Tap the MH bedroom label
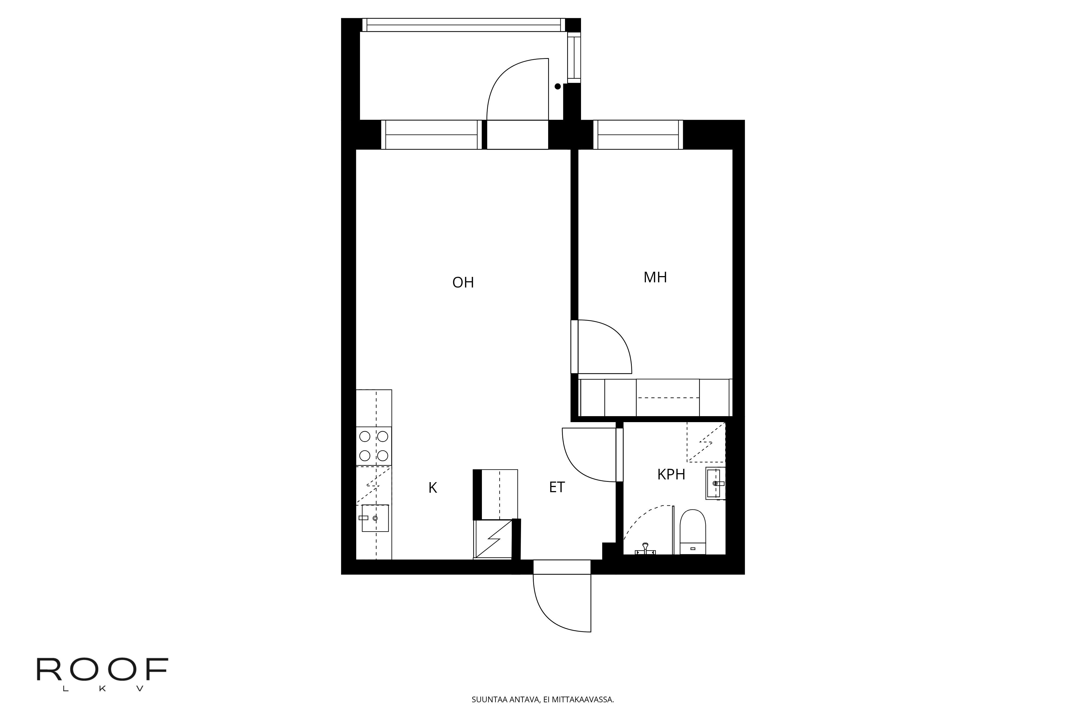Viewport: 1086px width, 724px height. click(655, 277)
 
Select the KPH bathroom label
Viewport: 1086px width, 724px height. click(671, 475)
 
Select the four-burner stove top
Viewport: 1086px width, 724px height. click(374, 446)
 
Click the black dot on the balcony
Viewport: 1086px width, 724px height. click(558, 86)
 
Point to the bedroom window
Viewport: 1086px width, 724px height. click(638, 135)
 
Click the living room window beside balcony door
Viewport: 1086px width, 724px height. click(431, 135)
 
